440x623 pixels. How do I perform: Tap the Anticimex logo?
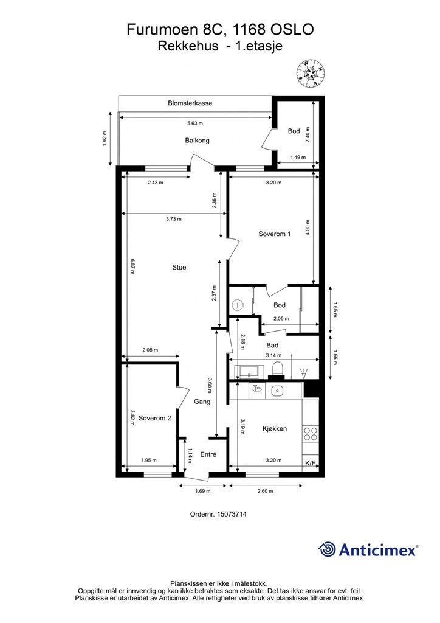368,550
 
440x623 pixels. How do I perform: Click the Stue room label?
179,268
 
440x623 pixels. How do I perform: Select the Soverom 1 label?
275,234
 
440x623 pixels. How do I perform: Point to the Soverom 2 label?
155,418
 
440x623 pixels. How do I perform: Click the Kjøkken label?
275,429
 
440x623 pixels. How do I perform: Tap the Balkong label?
197,141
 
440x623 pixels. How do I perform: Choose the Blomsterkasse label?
190,103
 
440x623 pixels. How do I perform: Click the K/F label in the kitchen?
311,463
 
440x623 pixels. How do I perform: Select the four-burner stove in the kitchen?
311,434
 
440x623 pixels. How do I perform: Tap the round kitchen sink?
277,391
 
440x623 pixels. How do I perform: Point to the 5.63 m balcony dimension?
195,123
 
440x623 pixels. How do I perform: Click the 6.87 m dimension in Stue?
133,267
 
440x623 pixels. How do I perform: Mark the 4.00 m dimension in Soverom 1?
308,228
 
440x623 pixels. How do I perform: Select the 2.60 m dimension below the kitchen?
266,491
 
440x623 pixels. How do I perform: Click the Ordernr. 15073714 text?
218,513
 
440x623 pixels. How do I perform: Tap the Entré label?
208,454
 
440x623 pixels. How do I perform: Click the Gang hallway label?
202,402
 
